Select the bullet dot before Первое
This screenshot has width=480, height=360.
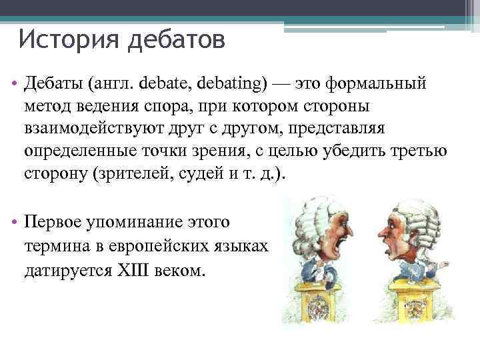pos(14,221)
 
